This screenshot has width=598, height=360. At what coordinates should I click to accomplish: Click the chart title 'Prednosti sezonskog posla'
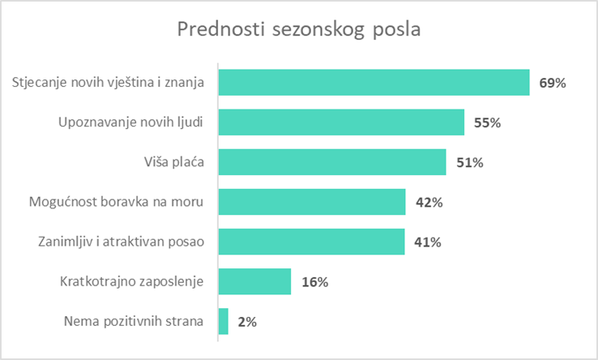[300, 29]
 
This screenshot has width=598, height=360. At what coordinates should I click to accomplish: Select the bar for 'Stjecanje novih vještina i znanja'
[374, 83]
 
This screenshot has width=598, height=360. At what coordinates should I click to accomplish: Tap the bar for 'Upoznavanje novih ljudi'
[341, 122]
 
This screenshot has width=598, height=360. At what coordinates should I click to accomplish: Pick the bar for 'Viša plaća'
[332, 162]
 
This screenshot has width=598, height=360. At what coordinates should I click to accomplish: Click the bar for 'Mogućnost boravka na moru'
[312, 202]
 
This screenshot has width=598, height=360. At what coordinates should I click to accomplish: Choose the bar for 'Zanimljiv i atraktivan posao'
[312, 242]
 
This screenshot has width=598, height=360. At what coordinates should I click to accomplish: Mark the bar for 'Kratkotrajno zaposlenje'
[254, 281]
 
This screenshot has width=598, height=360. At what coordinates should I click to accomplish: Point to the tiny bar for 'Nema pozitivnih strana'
[224, 321]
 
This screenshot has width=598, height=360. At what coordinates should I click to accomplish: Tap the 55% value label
[488, 123]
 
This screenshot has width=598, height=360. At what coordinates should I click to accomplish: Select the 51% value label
[469, 163]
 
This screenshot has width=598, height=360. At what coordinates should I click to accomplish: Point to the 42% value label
[429, 203]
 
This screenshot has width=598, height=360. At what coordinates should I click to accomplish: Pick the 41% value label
[429, 242]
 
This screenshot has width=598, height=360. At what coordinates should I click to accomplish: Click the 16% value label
[314, 282]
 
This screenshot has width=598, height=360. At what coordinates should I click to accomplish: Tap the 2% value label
[247, 322]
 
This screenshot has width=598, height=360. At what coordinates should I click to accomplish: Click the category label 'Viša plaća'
[169, 162]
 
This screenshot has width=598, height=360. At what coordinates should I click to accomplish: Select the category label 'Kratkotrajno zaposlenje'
[132, 282]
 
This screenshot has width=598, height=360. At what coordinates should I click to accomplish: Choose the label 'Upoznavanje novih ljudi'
[130, 122]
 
